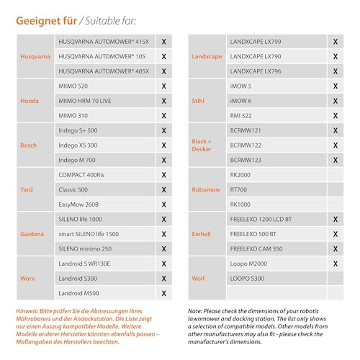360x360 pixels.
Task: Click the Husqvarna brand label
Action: [x=36, y=55]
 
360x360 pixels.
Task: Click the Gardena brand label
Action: [x=32, y=234]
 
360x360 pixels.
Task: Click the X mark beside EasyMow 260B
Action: [x=164, y=204]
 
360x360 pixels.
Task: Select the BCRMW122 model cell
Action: [x=246, y=145]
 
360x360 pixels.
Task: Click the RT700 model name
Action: [x=238, y=189]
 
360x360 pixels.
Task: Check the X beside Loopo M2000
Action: [x=335, y=264]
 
